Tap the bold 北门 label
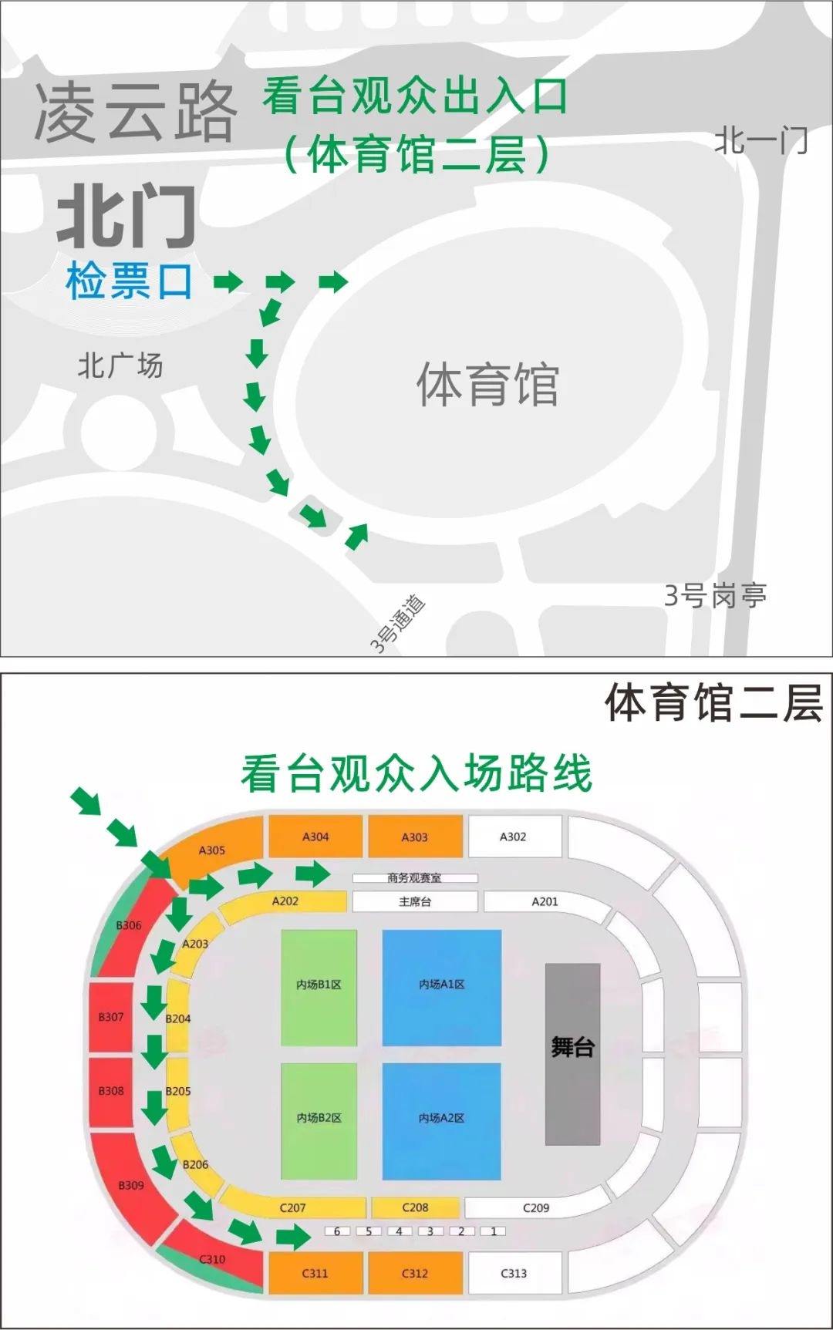tap(126, 217)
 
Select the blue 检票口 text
tap(129, 281)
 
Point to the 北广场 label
tap(120, 365)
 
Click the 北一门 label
tap(760, 141)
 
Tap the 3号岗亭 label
tap(715, 595)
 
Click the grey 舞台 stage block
tap(572, 1053)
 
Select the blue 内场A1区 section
tap(442, 988)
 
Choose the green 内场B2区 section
tap(319, 1121)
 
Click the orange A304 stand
tap(315, 837)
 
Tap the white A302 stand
tap(513, 837)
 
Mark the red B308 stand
tap(111, 1091)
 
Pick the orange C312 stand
tap(415, 1273)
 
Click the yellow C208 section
tap(415, 1207)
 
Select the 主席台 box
tap(415, 901)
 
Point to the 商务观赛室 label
tap(415, 878)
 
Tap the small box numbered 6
tap(337, 1231)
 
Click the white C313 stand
tap(514, 1273)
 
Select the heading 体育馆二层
tap(713, 703)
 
